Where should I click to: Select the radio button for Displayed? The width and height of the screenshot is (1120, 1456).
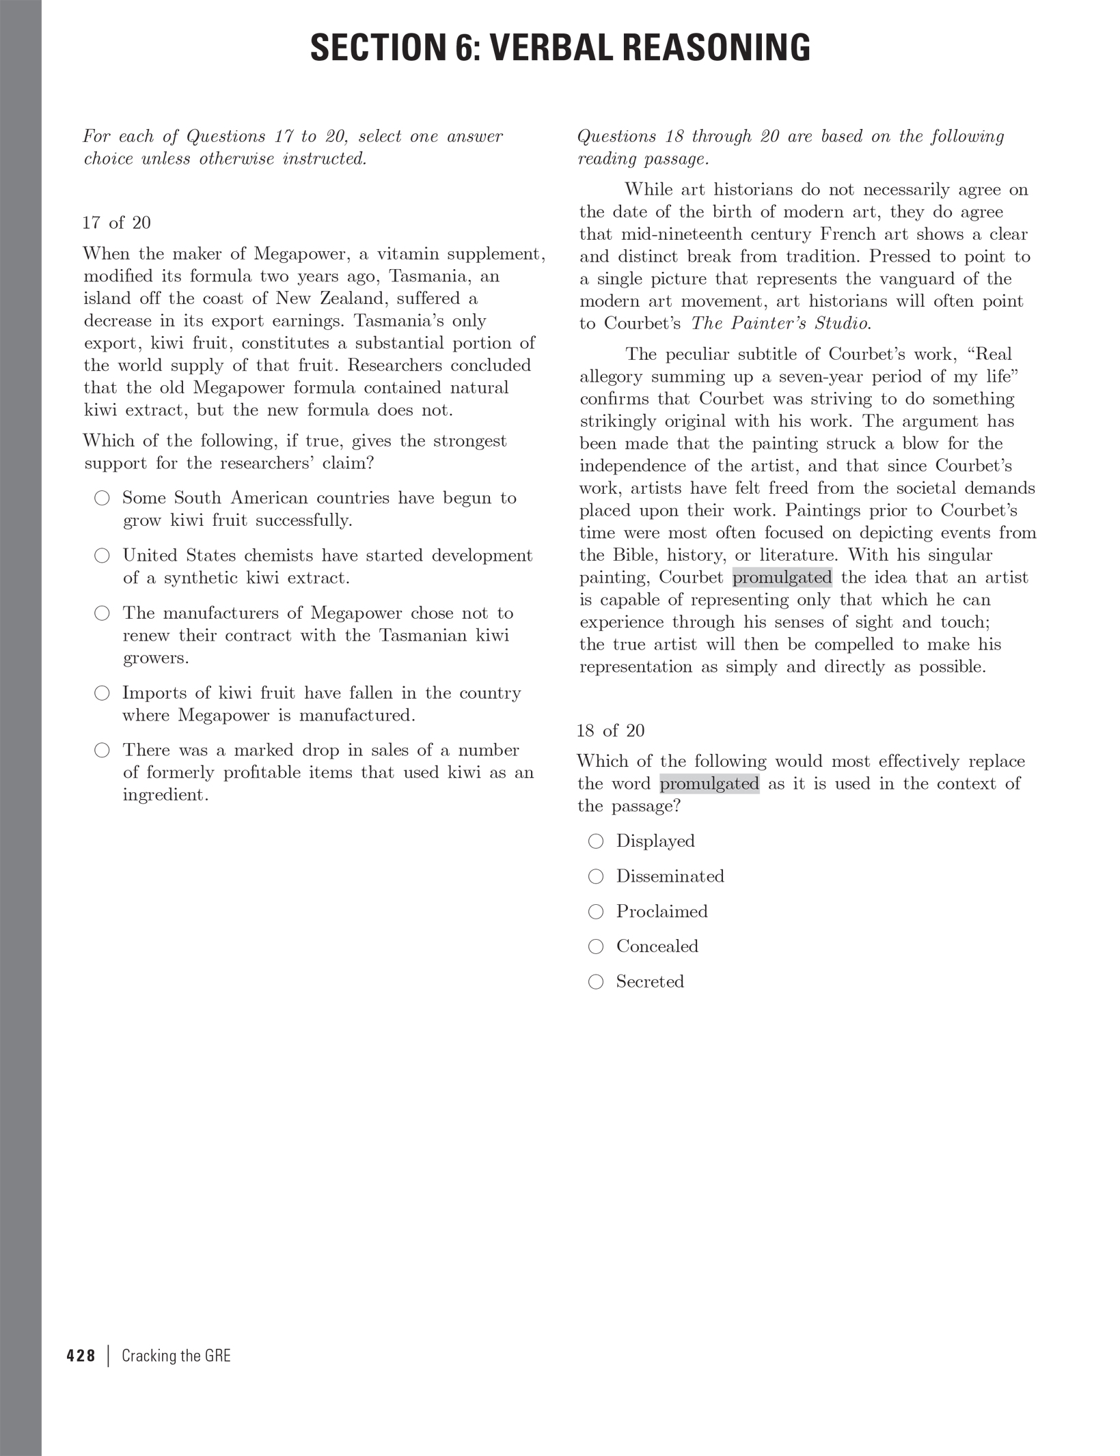point(596,841)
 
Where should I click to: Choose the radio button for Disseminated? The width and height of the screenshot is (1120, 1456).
point(596,876)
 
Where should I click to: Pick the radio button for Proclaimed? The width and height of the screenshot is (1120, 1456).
point(596,912)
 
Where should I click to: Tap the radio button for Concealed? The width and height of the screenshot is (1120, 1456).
point(596,947)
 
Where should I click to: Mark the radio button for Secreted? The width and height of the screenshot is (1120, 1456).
point(596,982)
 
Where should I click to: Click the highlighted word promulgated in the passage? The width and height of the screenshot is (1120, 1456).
point(782,578)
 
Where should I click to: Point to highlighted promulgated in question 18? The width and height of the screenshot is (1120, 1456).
point(709,784)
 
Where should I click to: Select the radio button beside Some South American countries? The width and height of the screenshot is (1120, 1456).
point(102,498)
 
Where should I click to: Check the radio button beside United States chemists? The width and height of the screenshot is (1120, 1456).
point(102,556)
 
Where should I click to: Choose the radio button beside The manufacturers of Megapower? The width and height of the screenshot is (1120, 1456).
point(102,613)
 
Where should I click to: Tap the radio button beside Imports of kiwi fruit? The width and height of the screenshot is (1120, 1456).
point(102,694)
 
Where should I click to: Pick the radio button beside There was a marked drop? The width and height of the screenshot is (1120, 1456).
point(102,751)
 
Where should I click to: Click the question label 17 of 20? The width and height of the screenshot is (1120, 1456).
point(116,223)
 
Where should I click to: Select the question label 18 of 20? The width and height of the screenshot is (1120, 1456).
point(610,731)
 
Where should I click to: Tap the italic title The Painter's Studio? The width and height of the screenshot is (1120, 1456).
point(780,323)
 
